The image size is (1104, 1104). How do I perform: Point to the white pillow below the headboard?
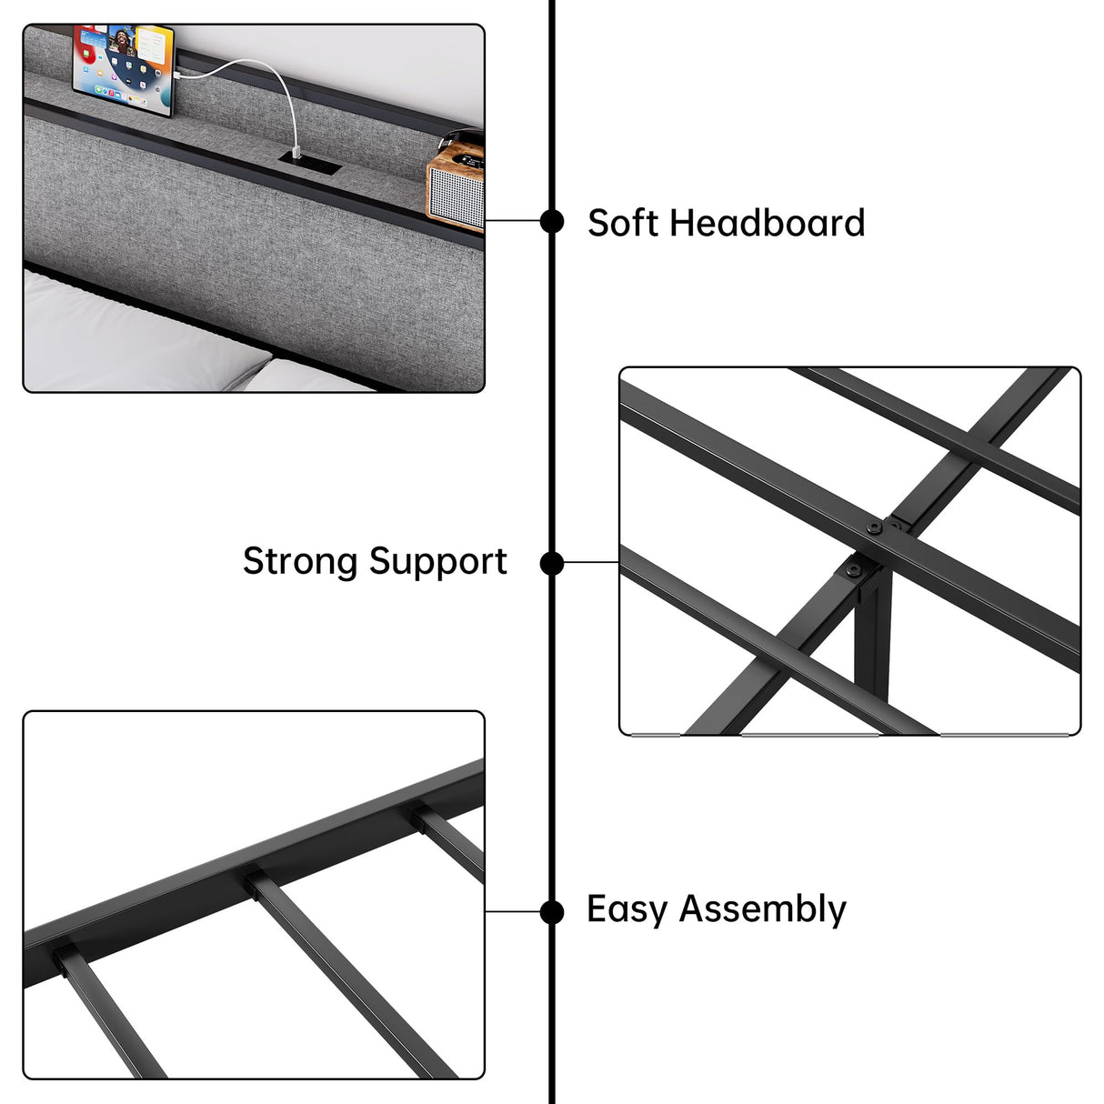point(136,336)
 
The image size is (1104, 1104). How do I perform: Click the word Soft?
point(623,223)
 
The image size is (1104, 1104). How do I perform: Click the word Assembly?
point(762,910)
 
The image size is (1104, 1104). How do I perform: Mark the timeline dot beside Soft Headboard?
point(552,221)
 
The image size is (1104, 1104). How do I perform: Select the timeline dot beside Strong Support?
point(552,564)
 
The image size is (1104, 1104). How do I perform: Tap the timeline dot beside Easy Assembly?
point(552,911)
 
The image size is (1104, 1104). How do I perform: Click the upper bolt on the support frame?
point(876,528)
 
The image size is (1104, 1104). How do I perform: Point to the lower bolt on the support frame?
point(854,571)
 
